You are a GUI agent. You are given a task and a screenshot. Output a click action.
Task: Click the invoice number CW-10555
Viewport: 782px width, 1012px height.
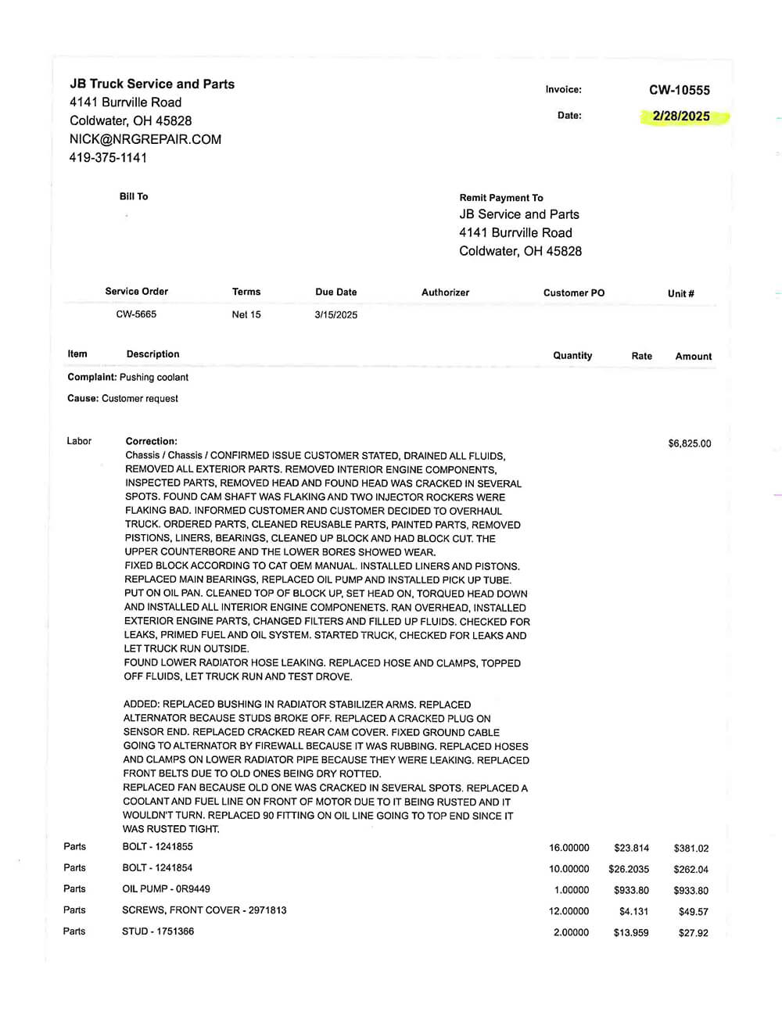pyautogui.click(x=679, y=90)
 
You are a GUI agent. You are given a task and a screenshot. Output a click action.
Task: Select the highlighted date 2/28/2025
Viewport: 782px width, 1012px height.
pyautogui.click(x=681, y=117)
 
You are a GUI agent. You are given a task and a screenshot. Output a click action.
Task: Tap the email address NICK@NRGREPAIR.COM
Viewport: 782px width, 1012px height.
pyautogui.click(x=145, y=139)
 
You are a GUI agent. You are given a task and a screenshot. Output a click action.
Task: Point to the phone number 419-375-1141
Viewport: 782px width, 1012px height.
pyautogui.click(x=108, y=157)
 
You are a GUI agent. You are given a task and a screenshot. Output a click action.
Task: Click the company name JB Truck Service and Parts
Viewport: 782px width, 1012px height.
pyautogui.click(x=152, y=84)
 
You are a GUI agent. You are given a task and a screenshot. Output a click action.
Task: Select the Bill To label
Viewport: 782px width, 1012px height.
pyautogui.click(x=134, y=196)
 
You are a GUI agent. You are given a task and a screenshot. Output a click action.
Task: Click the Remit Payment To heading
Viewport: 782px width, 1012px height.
pyautogui.click(x=501, y=198)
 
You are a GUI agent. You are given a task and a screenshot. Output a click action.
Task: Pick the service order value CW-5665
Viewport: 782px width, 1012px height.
pyautogui.click(x=136, y=314)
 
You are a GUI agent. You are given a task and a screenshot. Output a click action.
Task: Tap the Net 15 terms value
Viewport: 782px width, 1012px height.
pyautogui.click(x=246, y=314)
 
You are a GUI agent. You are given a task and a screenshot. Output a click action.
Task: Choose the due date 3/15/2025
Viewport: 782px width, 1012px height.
pyautogui.click(x=336, y=315)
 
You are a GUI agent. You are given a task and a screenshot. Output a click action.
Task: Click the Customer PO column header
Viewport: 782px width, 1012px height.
pyautogui.click(x=574, y=292)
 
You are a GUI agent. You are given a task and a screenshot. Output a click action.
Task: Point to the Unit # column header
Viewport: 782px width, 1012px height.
pyautogui.click(x=681, y=293)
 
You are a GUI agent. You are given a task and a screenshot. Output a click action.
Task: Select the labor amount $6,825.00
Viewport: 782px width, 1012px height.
pyautogui.click(x=690, y=443)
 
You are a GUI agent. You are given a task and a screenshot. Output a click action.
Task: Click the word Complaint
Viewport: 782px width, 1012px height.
pyautogui.click(x=91, y=377)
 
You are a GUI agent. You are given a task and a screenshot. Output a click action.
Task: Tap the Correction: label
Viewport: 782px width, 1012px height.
pyautogui.click(x=152, y=441)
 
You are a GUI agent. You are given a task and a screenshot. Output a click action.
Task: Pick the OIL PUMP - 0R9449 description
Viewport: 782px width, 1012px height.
pyautogui.click(x=167, y=888)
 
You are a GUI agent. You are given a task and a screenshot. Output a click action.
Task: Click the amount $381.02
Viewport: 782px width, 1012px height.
pyautogui.click(x=691, y=849)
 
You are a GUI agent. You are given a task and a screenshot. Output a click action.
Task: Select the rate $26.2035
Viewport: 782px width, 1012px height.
pyautogui.click(x=629, y=869)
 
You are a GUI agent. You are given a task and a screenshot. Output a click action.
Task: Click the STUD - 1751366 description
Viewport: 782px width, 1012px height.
pyautogui.click(x=158, y=931)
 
